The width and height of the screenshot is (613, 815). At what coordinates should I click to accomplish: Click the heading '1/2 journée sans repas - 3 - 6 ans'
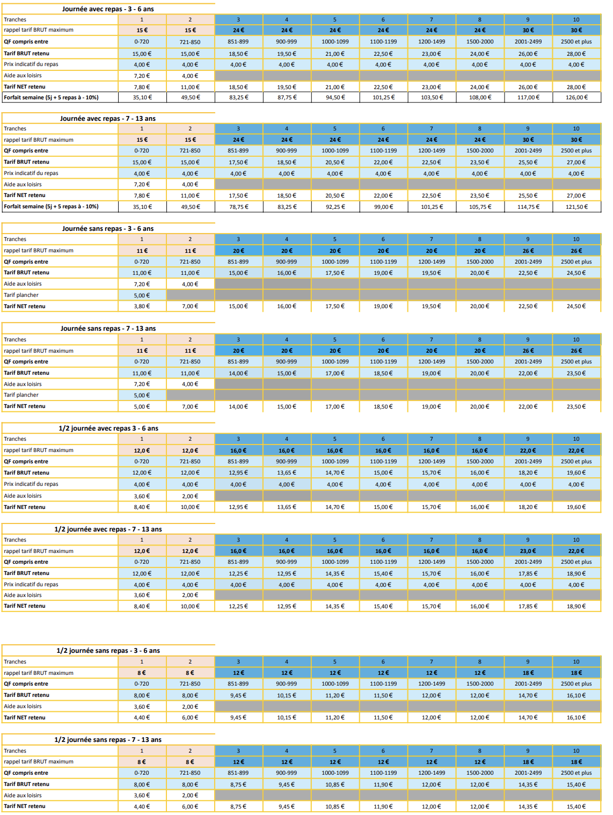coord(108,650)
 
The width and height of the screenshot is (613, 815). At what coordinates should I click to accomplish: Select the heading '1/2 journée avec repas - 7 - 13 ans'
coord(108,529)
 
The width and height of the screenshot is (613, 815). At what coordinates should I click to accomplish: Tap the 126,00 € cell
coord(576,98)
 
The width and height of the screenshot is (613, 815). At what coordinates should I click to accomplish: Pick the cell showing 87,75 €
coord(287,98)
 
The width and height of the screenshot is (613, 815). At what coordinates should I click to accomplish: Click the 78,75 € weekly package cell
coord(239,207)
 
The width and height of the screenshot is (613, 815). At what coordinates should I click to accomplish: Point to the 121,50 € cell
coord(576,207)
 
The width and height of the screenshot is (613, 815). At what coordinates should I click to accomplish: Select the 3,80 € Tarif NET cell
coord(142,307)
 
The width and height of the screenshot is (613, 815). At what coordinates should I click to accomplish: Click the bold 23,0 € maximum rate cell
coord(528,551)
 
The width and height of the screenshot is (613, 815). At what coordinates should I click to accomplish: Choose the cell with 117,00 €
coord(528,98)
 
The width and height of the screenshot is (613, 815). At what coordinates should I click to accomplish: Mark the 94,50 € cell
coord(335,98)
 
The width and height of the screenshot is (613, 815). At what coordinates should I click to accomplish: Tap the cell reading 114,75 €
coord(528,207)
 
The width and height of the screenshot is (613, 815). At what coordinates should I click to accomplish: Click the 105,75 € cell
coord(480,207)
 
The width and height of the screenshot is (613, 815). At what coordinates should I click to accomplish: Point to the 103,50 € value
coord(432,98)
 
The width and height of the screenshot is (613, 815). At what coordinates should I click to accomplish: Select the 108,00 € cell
coord(480,98)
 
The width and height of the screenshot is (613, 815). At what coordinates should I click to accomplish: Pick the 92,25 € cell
coord(335,207)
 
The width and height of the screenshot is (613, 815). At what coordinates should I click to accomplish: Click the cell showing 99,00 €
coord(383,207)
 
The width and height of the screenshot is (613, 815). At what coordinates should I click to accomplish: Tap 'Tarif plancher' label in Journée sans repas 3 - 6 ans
coord(21,295)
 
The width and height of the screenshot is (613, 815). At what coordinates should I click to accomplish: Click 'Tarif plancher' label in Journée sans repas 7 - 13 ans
coord(21,395)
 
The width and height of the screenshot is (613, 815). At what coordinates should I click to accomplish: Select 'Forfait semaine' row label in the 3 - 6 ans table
coord(51,98)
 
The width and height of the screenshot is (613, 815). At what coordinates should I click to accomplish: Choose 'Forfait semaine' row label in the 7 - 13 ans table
coord(51,207)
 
